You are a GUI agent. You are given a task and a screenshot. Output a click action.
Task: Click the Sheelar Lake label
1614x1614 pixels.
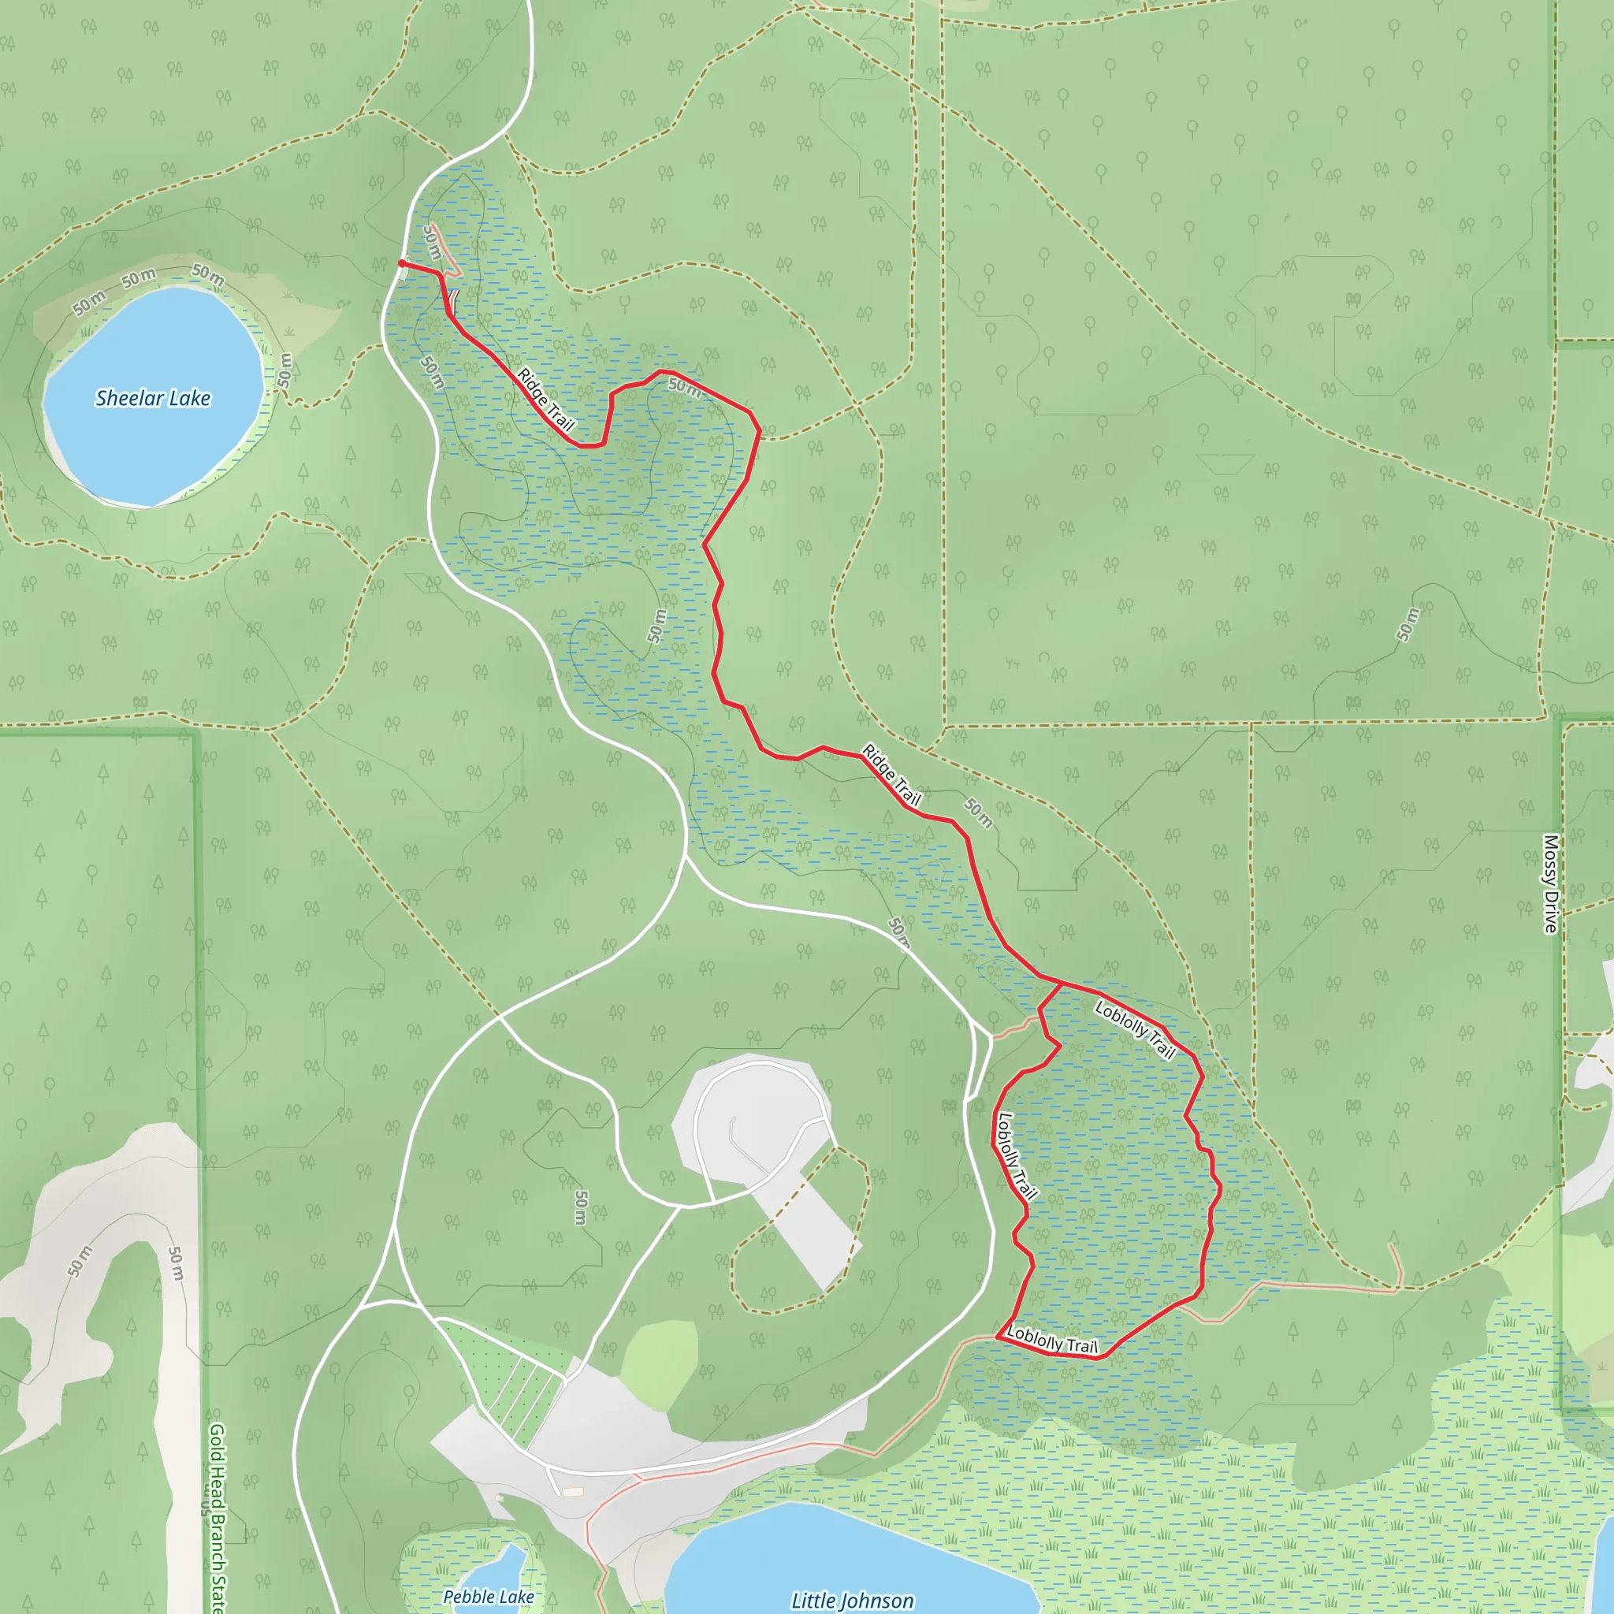[x=153, y=399]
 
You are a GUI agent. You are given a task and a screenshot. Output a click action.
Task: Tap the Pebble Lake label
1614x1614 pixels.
[x=489, y=1597]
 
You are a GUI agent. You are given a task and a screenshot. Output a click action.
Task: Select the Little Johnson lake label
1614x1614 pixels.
[x=852, y=1600]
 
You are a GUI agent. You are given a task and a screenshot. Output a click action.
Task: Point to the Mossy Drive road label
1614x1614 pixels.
[x=1550, y=883]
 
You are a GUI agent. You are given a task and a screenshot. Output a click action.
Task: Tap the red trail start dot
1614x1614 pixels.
[x=402, y=263]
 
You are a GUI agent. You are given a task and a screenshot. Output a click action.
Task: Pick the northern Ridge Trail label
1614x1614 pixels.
[x=545, y=400]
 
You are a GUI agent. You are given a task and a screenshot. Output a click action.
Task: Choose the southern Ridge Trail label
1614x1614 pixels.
[x=891, y=775]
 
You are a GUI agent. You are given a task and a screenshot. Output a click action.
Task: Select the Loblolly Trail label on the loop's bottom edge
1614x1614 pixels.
[x=1052, y=1340]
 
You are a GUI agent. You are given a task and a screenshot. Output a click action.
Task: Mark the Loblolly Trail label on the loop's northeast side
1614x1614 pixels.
[x=1135, y=1030]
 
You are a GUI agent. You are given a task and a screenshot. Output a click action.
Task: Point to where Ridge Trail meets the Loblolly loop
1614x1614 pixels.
[x=1062, y=984]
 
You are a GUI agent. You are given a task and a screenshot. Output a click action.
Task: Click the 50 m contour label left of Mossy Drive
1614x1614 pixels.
[x=1408, y=624]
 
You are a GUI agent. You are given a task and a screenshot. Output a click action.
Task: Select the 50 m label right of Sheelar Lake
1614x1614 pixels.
[x=286, y=370]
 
